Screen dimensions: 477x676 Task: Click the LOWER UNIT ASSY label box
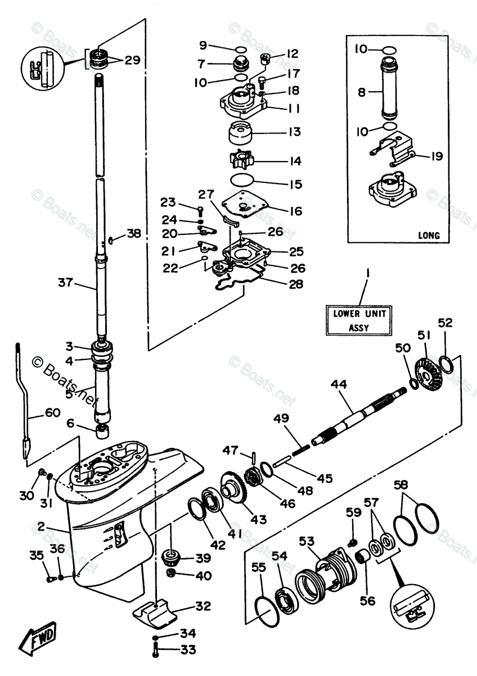click(359, 320)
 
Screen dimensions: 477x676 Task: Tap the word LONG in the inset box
click(429, 235)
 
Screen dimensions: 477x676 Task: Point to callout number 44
click(339, 384)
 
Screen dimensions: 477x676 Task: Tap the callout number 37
click(65, 283)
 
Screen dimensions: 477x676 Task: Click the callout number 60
click(53, 412)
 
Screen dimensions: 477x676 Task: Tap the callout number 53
click(307, 541)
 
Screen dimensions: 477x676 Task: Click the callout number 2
click(40, 527)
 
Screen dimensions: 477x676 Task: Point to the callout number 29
click(132, 60)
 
